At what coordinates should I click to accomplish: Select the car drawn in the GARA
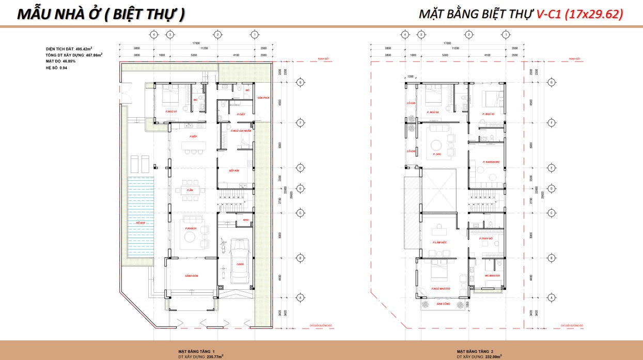coord(240,259)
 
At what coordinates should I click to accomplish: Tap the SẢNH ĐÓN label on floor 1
coord(192,276)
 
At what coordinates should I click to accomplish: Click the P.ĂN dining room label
coord(190,190)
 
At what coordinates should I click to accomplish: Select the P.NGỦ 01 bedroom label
coord(171,111)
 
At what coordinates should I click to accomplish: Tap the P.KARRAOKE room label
coord(491,162)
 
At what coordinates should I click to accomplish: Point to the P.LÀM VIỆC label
coord(440,242)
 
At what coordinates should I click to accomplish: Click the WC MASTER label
coord(492,276)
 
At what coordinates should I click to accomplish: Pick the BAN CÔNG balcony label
coord(443,304)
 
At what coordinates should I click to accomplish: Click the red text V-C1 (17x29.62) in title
coord(579,14)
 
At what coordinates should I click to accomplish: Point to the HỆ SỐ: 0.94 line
coord(56,67)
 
